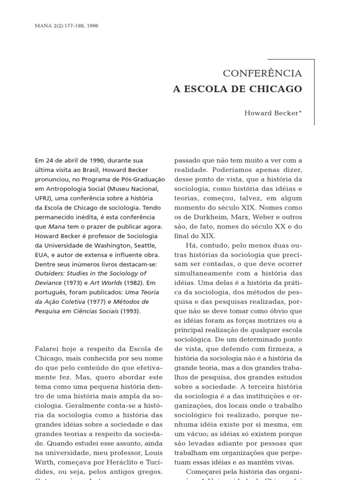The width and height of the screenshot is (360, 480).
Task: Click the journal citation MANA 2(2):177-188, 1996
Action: [x=67, y=25]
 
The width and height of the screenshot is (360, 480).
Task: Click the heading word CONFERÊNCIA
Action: [x=262, y=74]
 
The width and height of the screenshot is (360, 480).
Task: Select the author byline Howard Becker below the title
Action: [x=271, y=113]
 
